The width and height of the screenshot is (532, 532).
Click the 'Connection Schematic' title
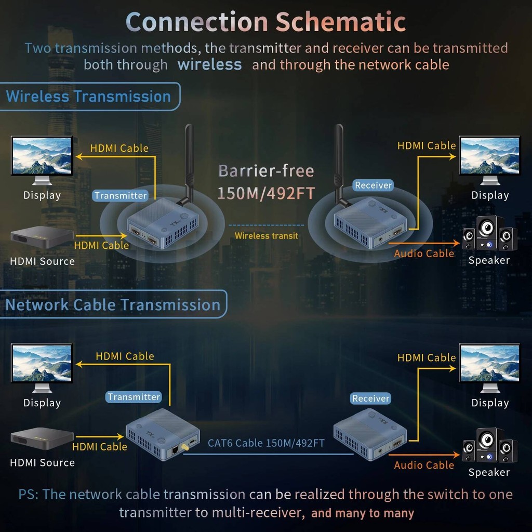point(265,22)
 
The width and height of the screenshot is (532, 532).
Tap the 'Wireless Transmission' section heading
point(88,96)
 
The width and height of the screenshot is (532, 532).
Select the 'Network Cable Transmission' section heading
point(113,304)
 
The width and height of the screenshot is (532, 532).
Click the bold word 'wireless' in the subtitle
point(210,64)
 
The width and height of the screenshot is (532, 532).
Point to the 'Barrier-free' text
point(267,170)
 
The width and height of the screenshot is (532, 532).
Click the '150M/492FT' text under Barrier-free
point(267,193)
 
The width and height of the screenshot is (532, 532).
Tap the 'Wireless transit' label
point(267,236)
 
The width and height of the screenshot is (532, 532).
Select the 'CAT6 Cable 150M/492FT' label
point(267,443)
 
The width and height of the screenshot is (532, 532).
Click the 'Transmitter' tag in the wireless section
point(121,195)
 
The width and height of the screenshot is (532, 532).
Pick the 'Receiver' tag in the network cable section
point(370,398)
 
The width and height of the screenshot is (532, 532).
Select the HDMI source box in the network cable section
point(42,438)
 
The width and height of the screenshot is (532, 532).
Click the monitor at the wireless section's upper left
point(42,160)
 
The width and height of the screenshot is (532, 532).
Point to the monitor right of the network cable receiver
point(489,368)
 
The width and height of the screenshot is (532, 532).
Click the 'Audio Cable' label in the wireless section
point(424,254)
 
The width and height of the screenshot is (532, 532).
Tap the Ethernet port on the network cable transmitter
point(175,450)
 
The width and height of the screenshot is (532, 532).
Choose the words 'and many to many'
point(362,513)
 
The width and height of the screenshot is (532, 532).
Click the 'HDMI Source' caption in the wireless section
point(43,261)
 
